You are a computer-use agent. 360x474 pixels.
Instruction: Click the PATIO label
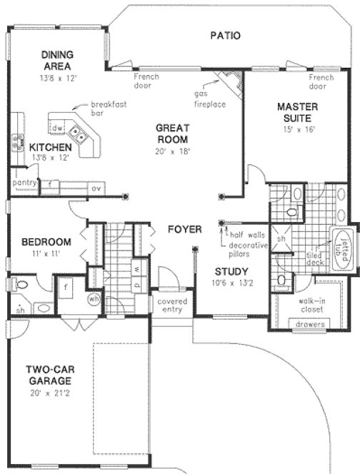coord(225,35)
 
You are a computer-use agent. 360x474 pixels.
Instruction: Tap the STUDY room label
coord(231,271)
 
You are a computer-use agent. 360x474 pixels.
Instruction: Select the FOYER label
coord(184,229)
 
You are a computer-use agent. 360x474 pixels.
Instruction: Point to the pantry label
coord(23,183)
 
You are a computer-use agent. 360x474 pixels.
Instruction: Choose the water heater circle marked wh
coord(92,298)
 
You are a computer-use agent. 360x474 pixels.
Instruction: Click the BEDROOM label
coord(45,241)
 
